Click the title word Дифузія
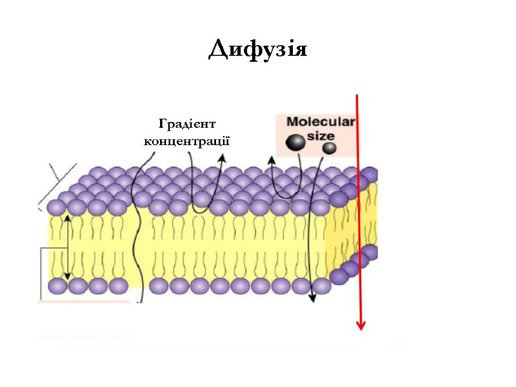click(x=258, y=49)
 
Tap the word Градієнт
click(x=186, y=124)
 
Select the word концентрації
click(x=186, y=140)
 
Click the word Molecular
click(x=321, y=122)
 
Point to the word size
click(x=321, y=135)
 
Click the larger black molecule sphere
click(x=296, y=143)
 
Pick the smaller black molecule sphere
click(x=329, y=148)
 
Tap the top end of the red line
click(x=357, y=95)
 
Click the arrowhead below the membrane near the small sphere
click(x=312, y=298)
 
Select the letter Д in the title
click(x=217, y=50)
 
